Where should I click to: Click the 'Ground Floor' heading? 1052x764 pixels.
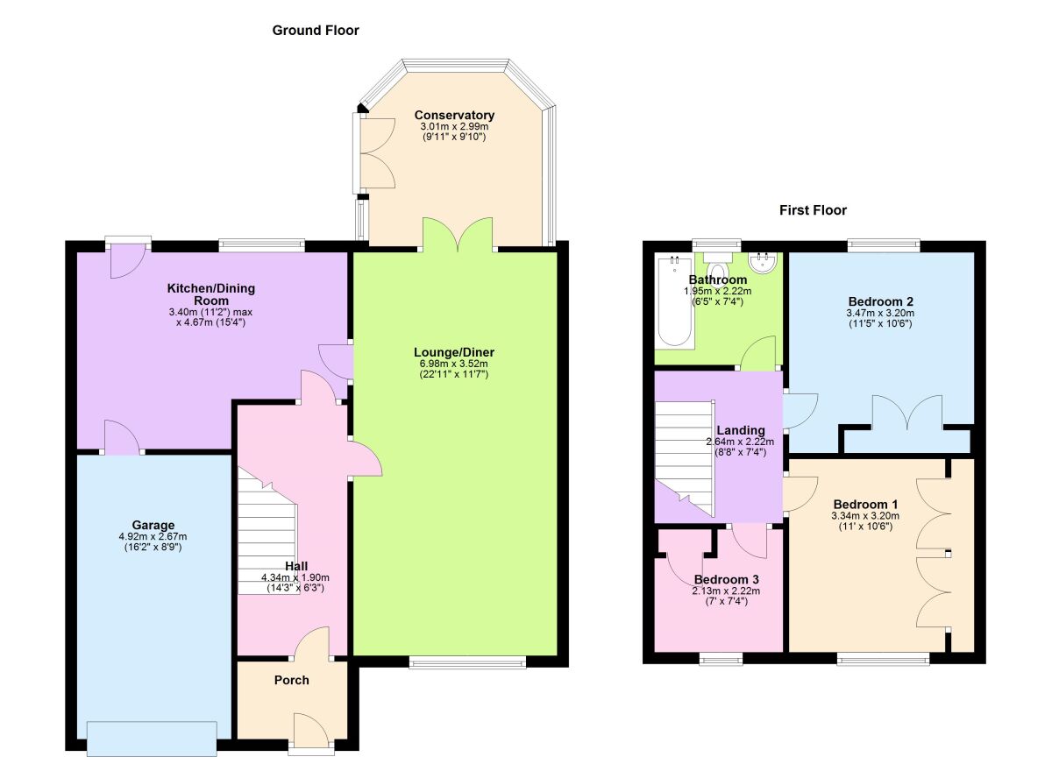pyautogui.click(x=316, y=31)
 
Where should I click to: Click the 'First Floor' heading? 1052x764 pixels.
pyautogui.click(x=813, y=210)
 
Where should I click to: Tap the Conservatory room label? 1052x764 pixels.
pyautogui.click(x=454, y=116)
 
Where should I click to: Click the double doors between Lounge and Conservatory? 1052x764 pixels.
pyautogui.click(x=458, y=235)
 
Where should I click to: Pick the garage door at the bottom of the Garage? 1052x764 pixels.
pyautogui.click(x=152, y=738)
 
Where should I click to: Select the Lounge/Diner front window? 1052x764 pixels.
pyautogui.click(x=467, y=662)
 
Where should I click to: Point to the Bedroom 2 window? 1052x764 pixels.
pyautogui.click(x=884, y=246)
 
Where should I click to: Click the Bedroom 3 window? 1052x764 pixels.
pyautogui.click(x=721, y=658)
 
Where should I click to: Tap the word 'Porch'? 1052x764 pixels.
pyautogui.click(x=291, y=680)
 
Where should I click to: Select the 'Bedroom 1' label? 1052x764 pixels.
pyautogui.click(x=865, y=505)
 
